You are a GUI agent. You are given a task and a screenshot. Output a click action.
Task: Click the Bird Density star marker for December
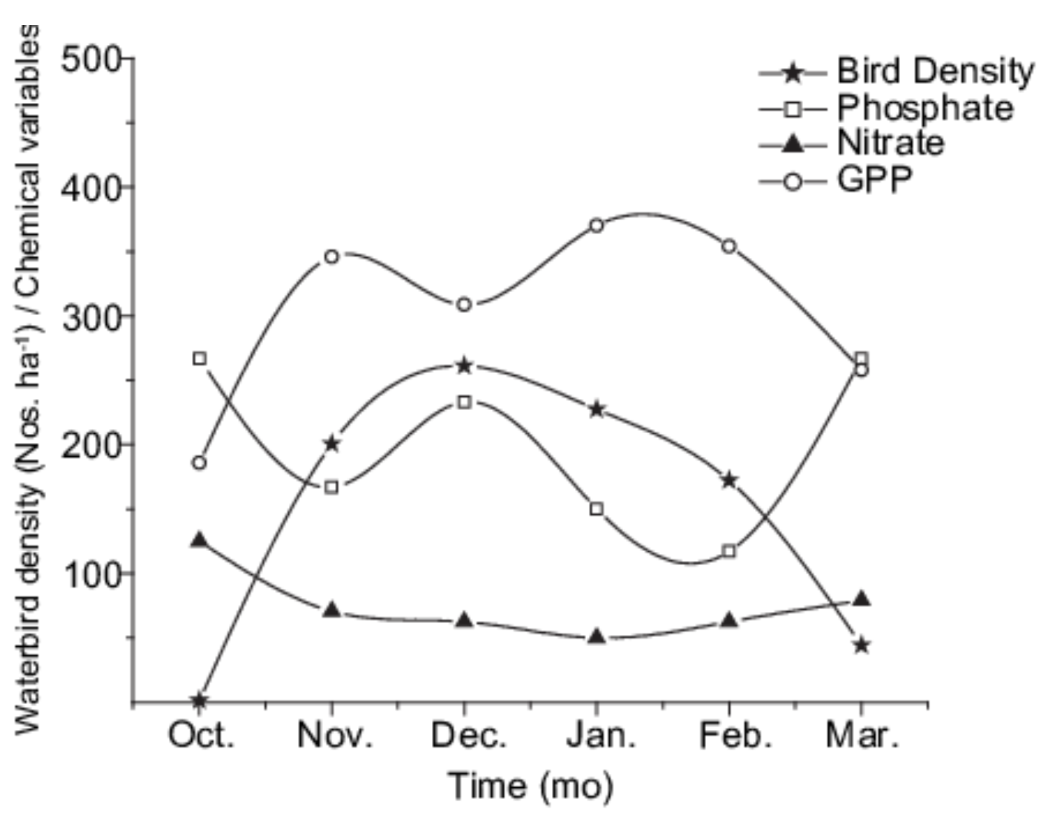click(x=464, y=365)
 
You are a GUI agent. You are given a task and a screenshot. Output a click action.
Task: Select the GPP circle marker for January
click(x=597, y=225)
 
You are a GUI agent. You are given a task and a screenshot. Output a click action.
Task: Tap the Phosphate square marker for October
click(x=200, y=359)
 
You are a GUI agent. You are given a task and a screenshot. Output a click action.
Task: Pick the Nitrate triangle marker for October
click(x=200, y=540)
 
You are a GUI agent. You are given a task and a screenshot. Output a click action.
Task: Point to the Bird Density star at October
click(x=200, y=700)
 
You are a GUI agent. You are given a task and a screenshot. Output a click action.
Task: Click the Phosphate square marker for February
click(x=729, y=551)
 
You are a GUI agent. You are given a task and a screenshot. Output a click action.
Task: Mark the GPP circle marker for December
click(x=464, y=305)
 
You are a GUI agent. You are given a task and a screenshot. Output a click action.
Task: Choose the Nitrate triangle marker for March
click(x=861, y=599)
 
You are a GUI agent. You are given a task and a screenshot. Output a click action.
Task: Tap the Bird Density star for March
click(x=861, y=645)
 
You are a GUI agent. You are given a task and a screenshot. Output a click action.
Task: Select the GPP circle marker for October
click(x=200, y=463)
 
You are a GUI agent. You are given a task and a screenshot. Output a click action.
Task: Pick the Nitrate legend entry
click(x=890, y=143)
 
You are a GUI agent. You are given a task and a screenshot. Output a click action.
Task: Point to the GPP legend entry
click(x=874, y=179)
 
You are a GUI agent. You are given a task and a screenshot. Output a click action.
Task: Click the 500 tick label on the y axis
click(x=92, y=61)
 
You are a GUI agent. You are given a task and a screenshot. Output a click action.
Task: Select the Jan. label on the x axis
click(x=600, y=736)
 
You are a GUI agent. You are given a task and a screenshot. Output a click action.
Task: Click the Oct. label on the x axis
click(x=201, y=736)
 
